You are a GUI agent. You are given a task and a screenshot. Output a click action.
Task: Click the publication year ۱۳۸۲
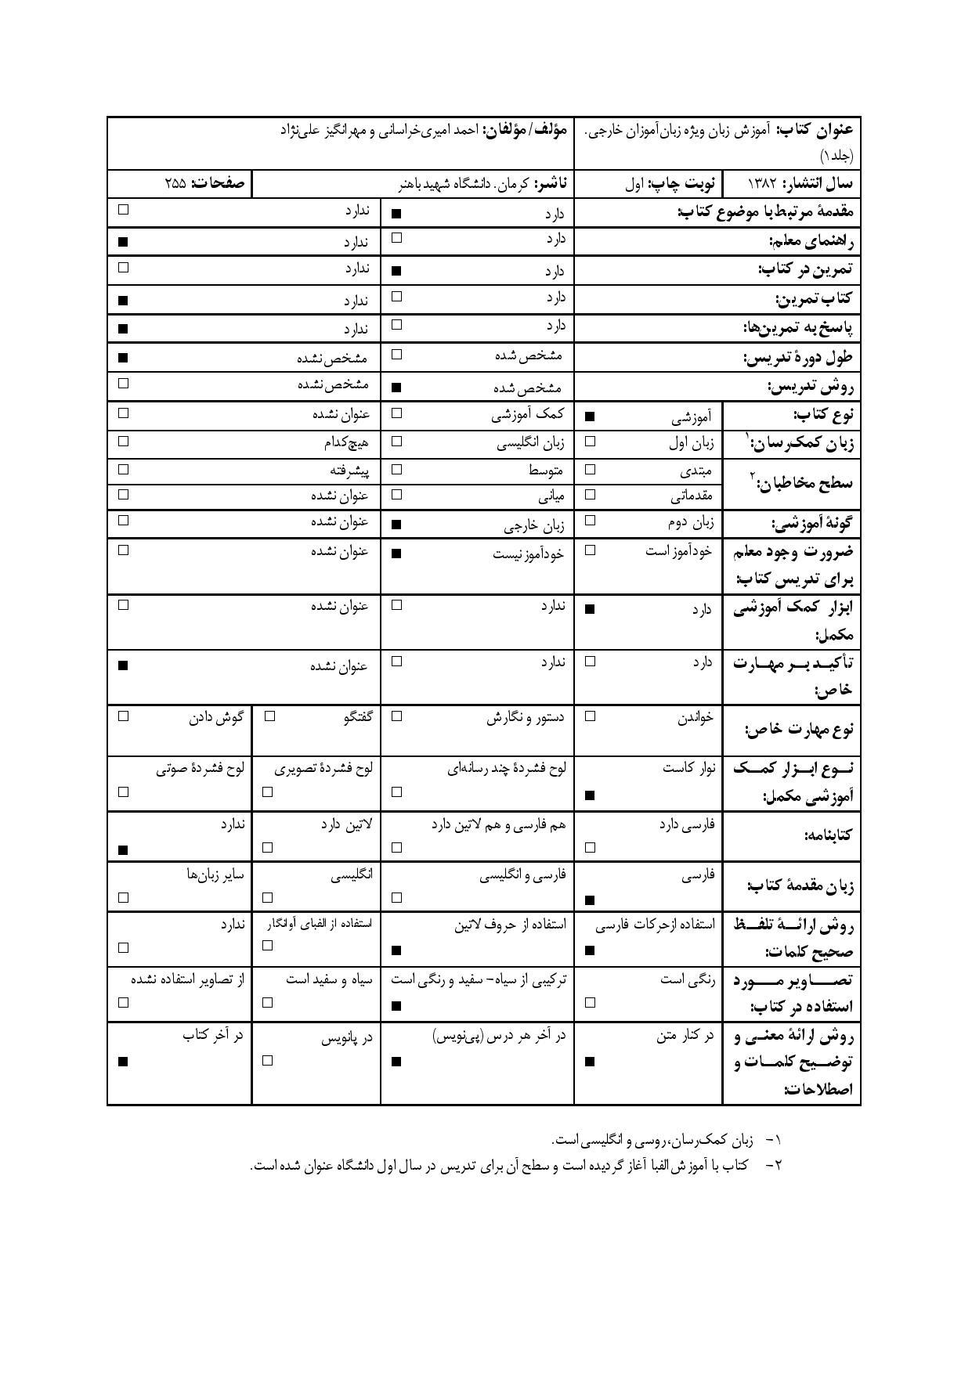tap(761, 183)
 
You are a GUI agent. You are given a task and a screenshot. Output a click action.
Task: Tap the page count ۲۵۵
tap(175, 183)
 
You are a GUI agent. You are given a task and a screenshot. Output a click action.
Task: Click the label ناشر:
tap(552, 184)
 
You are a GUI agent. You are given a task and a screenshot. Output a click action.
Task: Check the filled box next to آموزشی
tap(590, 417)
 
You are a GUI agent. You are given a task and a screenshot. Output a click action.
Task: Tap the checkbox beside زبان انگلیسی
tap(396, 441)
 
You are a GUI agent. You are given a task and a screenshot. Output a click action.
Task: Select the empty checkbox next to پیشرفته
tap(123, 469)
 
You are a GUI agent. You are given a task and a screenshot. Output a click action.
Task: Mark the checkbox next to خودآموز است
tap(590, 550)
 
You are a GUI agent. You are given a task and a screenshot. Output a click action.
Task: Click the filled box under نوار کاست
tap(590, 795)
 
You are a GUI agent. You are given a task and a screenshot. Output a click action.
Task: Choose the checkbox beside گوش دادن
tap(123, 715)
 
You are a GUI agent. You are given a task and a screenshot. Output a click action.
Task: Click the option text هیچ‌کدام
tap(346, 442)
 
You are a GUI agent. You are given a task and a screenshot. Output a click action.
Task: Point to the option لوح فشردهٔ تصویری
tap(323, 768)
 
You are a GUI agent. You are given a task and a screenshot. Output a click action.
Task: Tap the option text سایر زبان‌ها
tap(215, 875)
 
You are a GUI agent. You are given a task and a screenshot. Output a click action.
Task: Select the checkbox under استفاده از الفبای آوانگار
tap(267, 945)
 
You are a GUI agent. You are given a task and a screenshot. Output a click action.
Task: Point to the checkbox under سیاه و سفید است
tap(267, 1001)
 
